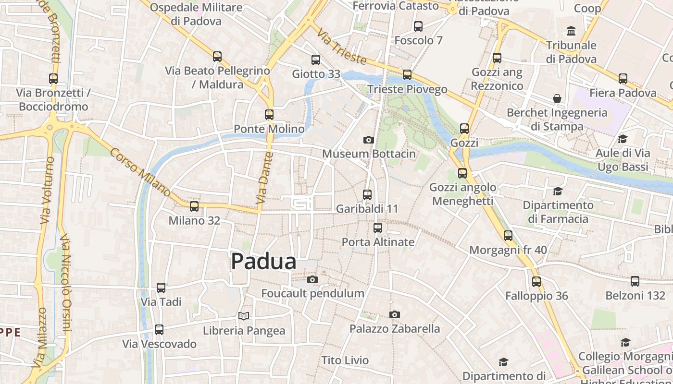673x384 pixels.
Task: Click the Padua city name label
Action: click(x=263, y=262)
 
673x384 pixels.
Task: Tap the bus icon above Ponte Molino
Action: click(x=269, y=115)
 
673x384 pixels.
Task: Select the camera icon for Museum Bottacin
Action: click(x=369, y=140)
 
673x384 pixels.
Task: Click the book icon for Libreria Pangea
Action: click(x=244, y=316)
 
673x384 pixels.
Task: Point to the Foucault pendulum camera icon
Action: click(x=312, y=279)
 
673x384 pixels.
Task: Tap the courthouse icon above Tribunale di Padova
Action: click(x=571, y=31)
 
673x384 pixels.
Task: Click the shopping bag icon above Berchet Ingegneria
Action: click(x=557, y=98)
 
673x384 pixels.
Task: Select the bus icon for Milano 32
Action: click(x=194, y=206)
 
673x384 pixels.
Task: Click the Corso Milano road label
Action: click(x=140, y=172)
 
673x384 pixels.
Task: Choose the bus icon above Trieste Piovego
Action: click(x=407, y=75)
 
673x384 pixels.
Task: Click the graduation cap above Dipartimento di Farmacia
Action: click(x=558, y=191)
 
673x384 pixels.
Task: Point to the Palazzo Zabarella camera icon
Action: click(x=395, y=314)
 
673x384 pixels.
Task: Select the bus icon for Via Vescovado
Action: click(x=159, y=330)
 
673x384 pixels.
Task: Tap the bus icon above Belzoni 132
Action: click(x=635, y=281)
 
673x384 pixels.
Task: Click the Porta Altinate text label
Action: click(x=378, y=242)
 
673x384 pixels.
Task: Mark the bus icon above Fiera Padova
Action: click(x=623, y=79)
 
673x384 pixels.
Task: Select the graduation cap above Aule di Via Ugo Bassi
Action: click(x=623, y=139)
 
